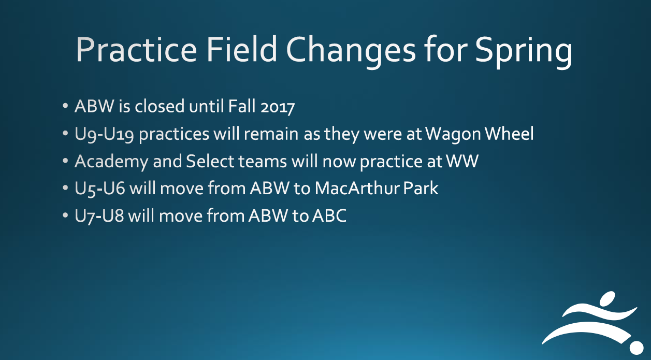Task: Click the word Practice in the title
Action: pyautogui.click(x=136, y=49)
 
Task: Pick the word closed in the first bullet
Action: pyautogui.click(x=160, y=106)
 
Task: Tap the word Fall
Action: pyautogui.click(x=242, y=106)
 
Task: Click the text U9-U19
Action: pyautogui.click(x=104, y=135)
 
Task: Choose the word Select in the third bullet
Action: pyautogui.click(x=210, y=161)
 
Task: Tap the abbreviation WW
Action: pyautogui.click(x=462, y=161)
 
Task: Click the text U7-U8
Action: pyautogui.click(x=99, y=216)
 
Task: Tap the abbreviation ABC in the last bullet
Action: pyautogui.click(x=329, y=215)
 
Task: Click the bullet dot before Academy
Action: pyautogui.click(x=65, y=161)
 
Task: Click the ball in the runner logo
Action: pyautogui.click(x=636, y=348)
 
